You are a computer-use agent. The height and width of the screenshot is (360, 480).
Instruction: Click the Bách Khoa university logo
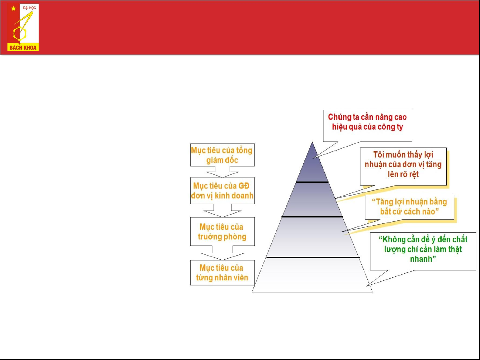pyautogui.click(x=23, y=28)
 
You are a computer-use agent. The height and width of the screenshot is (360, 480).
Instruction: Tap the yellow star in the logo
pyautogui.click(x=13, y=8)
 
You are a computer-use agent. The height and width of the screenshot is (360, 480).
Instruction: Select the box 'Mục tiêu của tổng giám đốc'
pyautogui.click(x=222, y=155)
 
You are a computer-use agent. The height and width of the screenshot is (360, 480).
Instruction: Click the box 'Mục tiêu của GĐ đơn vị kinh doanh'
pyautogui.click(x=222, y=190)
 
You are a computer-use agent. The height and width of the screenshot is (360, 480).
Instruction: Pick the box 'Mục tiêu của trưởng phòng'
pyautogui.click(x=222, y=231)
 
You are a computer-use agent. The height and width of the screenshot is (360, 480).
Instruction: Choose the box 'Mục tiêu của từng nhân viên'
pyautogui.click(x=222, y=273)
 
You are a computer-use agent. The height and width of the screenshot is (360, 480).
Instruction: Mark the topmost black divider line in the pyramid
pyautogui.click(x=312, y=182)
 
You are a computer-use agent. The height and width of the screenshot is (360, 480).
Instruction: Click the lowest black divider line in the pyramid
pyautogui.click(x=313, y=257)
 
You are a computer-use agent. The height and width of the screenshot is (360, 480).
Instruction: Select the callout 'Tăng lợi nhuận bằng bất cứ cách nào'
pyautogui.click(x=409, y=207)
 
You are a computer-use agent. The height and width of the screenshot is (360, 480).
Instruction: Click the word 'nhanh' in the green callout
pyautogui.click(x=421, y=259)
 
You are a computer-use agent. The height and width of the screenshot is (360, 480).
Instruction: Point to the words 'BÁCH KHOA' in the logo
pyautogui.click(x=23, y=48)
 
